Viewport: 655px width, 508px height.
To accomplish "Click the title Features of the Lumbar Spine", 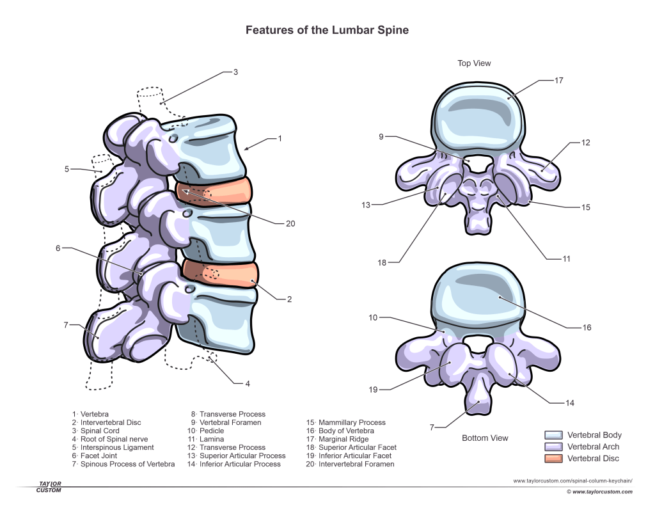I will click(x=327, y=30).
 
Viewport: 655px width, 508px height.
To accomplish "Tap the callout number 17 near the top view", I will click(x=558, y=81).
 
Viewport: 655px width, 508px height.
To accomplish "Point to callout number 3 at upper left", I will click(x=235, y=72).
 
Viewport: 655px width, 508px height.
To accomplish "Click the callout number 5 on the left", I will click(x=67, y=170).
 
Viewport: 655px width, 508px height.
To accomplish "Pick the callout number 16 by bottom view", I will click(x=587, y=328).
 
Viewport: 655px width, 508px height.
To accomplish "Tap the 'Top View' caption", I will click(x=474, y=63).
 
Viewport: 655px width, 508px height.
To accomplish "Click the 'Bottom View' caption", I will click(x=485, y=438).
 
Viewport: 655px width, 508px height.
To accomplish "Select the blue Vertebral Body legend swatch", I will click(x=553, y=435).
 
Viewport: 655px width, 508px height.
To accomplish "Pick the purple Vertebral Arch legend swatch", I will click(x=553, y=447).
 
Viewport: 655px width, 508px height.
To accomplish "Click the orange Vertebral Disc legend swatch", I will click(x=553, y=458).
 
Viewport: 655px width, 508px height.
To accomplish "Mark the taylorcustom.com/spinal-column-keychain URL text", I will click(x=572, y=480).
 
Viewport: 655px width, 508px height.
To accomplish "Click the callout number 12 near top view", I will click(x=585, y=143).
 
